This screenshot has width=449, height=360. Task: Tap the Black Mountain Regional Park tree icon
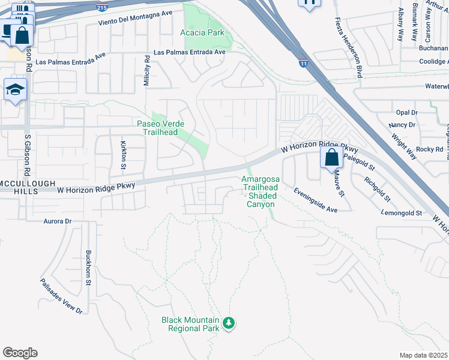(x=228, y=324)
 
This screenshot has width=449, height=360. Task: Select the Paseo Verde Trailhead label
(x=161, y=128)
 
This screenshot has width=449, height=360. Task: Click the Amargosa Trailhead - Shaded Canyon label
(x=261, y=191)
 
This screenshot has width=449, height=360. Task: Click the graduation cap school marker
(x=15, y=91)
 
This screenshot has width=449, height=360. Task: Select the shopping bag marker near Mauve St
(x=331, y=158)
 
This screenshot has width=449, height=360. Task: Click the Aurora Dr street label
(x=58, y=221)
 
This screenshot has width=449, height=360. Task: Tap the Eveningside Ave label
(x=316, y=200)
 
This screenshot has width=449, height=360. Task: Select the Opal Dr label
(x=406, y=112)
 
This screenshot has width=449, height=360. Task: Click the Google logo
(x=20, y=353)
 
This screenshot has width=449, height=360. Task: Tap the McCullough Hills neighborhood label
(x=19, y=187)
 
